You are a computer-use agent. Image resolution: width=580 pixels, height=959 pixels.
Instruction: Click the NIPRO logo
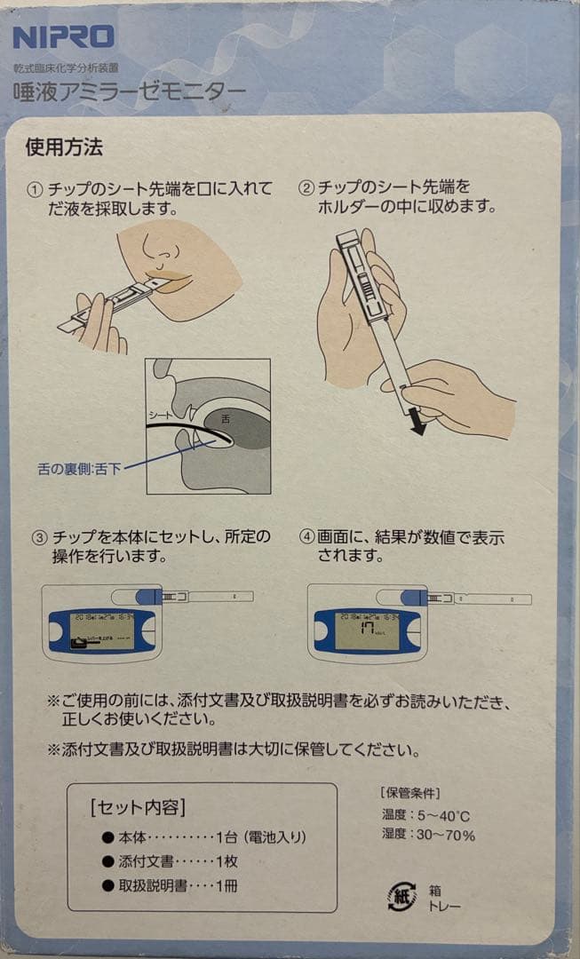[x=63, y=37]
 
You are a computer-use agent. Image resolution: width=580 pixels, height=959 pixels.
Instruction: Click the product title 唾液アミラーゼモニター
[x=130, y=91]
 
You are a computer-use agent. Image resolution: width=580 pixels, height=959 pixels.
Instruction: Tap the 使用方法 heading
[x=64, y=147]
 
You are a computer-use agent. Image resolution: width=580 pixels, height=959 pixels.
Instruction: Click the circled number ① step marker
[x=36, y=190]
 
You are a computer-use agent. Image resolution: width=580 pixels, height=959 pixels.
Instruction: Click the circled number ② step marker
[x=306, y=188]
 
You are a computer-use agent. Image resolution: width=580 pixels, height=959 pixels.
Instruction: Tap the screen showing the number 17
[x=364, y=630]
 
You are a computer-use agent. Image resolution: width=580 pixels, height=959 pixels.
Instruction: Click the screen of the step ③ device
[x=101, y=631]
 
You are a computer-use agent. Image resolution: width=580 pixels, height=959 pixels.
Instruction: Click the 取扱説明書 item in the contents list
[x=155, y=886]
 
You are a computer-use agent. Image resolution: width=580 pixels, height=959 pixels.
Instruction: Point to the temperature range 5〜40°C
[x=444, y=814]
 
